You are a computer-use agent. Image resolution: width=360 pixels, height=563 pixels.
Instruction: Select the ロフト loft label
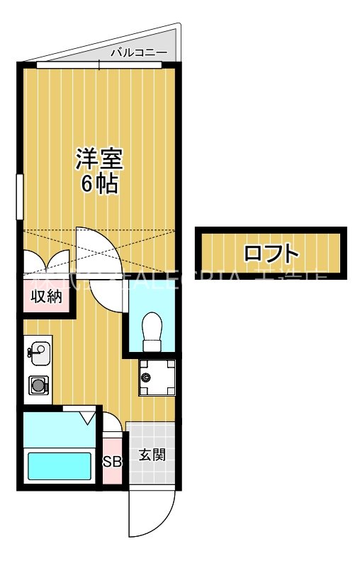click(x=270, y=254)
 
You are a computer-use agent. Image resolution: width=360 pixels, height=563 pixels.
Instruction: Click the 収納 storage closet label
click(x=46, y=297)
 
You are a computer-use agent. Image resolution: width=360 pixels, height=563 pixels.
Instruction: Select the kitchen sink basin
click(x=39, y=351)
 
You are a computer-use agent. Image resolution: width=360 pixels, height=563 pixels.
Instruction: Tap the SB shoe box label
click(x=112, y=462)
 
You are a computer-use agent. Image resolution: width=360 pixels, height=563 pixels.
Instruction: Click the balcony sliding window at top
click(x=99, y=64)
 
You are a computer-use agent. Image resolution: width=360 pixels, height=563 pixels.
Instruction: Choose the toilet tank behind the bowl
click(x=151, y=346)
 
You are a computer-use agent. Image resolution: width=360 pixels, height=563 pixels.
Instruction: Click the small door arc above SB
click(x=113, y=429)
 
